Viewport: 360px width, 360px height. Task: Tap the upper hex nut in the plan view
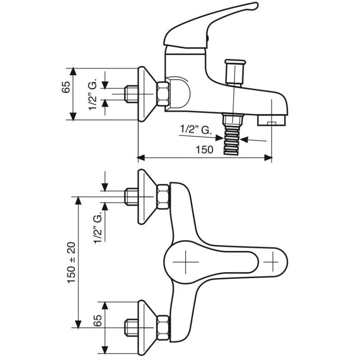pos(163,196)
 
